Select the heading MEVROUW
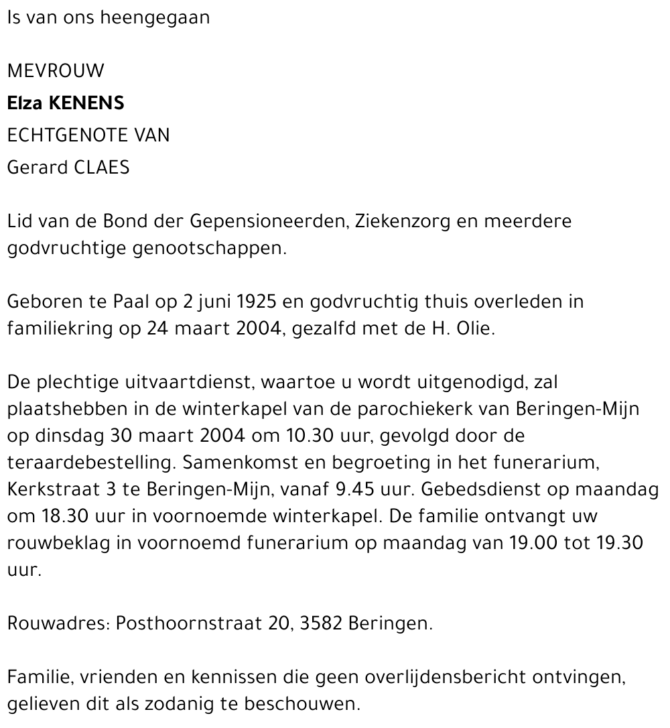click(56, 71)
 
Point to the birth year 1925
click(255, 302)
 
